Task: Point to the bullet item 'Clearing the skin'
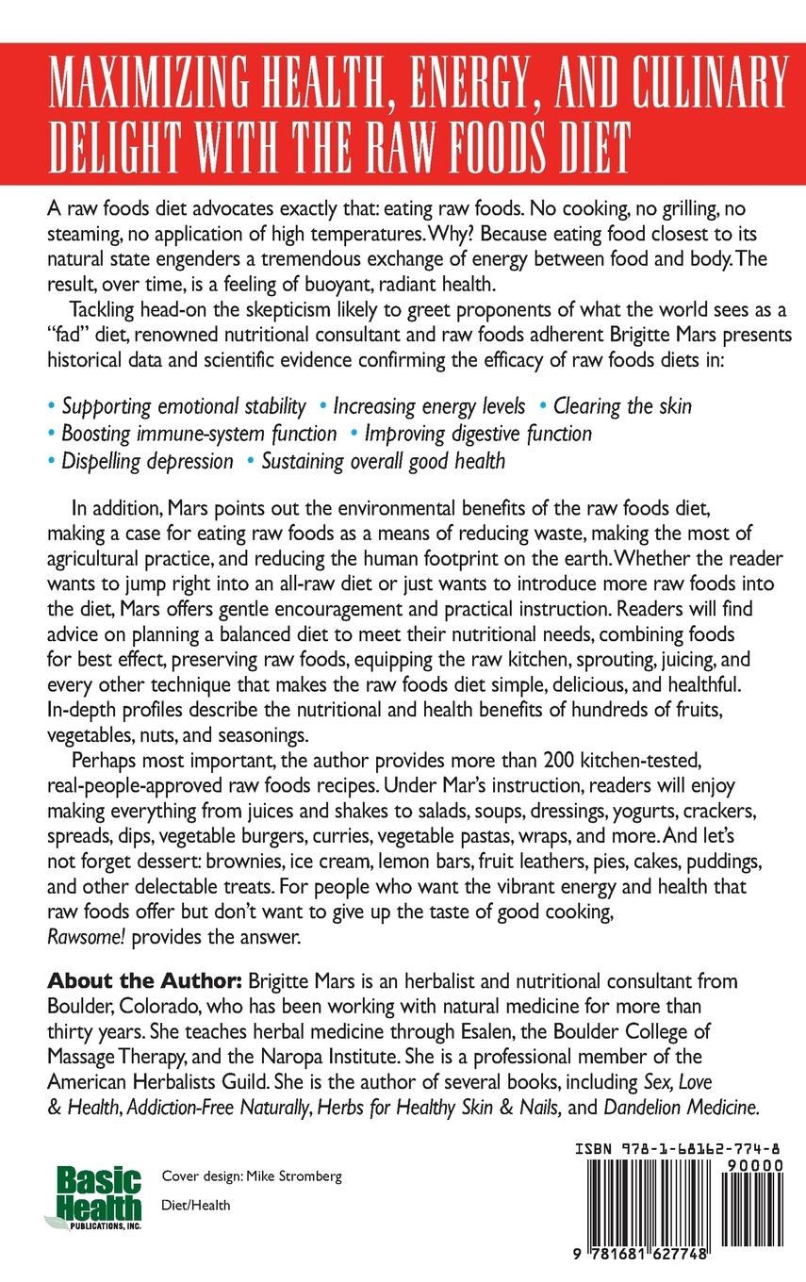(x=622, y=406)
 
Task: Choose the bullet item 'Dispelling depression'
(x=147, y=461)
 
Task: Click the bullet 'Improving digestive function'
(x=478, y=434)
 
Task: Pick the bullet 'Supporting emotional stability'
(x=184, y=406)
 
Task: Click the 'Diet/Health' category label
(x=196, y=1205)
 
